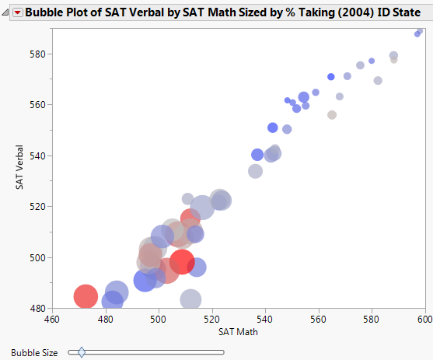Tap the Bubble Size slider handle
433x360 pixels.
click(x=82, y=352)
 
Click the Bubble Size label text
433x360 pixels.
click(x=34, y=352)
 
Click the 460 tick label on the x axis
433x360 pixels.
click(x=52, y=319)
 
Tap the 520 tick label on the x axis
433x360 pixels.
click(x=211, y=319)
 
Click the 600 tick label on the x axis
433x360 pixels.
click(x=423, y=319)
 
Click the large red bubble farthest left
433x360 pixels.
click(x=86, y=295)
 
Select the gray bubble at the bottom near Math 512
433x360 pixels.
click(x=190, y=299)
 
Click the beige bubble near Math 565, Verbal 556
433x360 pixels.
click(x=332, y=115)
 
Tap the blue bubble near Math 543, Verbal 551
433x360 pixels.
click(x=273, y=128)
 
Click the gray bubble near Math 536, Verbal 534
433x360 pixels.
click(x=255, y=171)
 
